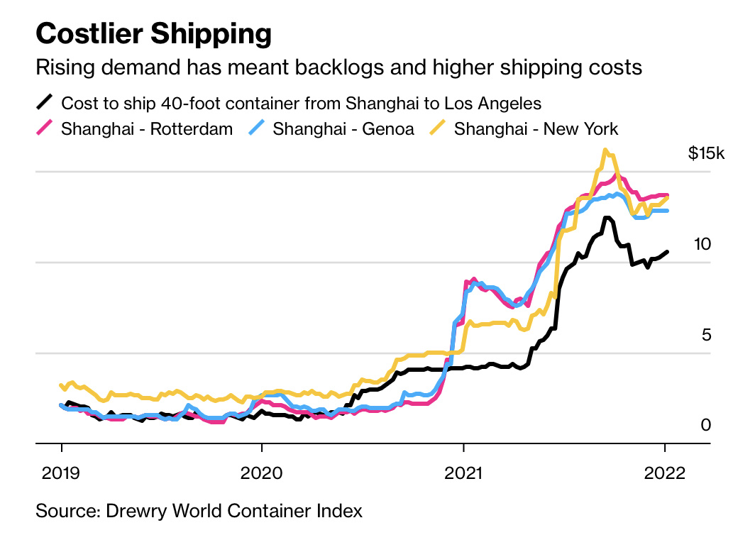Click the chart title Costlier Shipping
coord(153,33)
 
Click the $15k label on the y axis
coord(707,153)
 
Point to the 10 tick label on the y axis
coord(702,244)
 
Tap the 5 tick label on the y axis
coord(706,334)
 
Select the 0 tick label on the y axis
coord(706,425)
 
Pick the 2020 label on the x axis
coord(262,473)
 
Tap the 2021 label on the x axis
coord(463,473)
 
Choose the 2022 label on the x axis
coord(664,473)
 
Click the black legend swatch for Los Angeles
coord(45,103)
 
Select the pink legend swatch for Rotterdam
coord(45,128)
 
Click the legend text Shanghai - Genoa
coord(343,129)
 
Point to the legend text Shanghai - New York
coord(536,129)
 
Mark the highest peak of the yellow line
coord(605,150)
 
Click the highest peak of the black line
coord(607,218)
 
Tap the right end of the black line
coord(666,252)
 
